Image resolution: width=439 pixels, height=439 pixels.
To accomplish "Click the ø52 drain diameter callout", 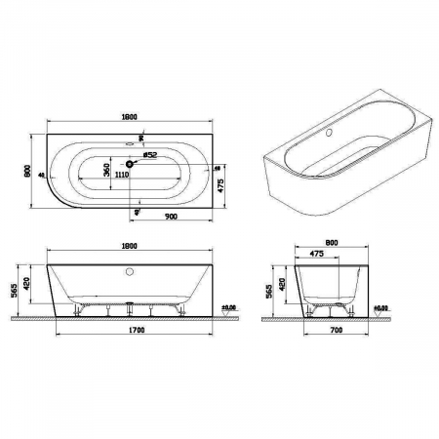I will (150, 154).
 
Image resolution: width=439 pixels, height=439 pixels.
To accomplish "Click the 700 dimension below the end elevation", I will (337, 332).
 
